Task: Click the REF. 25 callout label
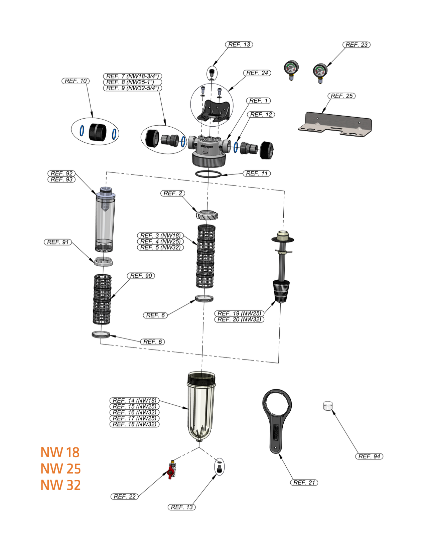[341, 96]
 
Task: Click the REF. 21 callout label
[304, 483]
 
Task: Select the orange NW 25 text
[60, 469]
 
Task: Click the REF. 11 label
[257, 173]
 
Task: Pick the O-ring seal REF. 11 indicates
[208, 174]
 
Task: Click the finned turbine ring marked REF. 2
[207, 215]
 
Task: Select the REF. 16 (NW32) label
[134, 412]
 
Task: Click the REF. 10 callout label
[76, 81]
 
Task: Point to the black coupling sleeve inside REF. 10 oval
[98, 132]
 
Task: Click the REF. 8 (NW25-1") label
[132, 82]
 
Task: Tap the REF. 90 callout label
[141, 276]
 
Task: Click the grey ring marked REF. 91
[103, 261]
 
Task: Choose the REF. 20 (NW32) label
[239, 319]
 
